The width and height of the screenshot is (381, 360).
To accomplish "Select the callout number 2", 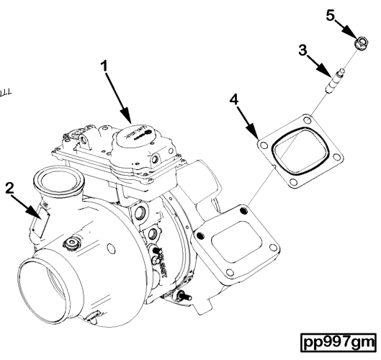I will (9, 189).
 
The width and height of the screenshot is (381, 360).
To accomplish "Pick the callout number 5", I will (332, 17).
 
